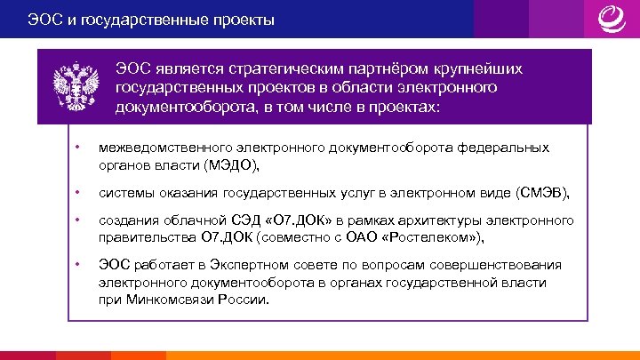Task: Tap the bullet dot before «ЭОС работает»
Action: (x=78, y=265)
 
